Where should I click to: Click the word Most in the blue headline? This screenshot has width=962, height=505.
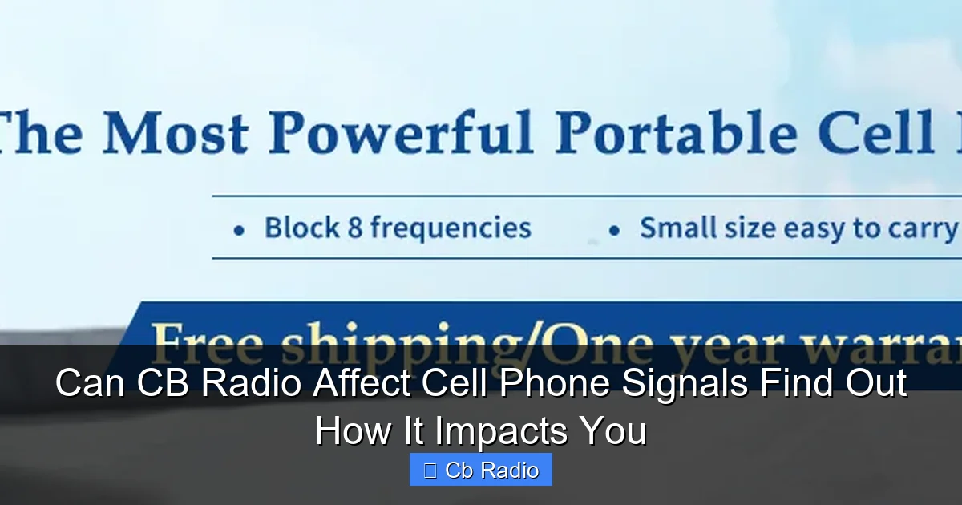(x=174, y=132)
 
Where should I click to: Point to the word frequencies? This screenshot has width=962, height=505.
(x=451, y=229)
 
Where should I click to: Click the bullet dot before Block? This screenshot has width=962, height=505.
(x=238, y=231)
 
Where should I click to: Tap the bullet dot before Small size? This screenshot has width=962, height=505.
(x=614, y=231)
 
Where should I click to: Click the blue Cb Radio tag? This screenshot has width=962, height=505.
(x=481, y=470)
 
